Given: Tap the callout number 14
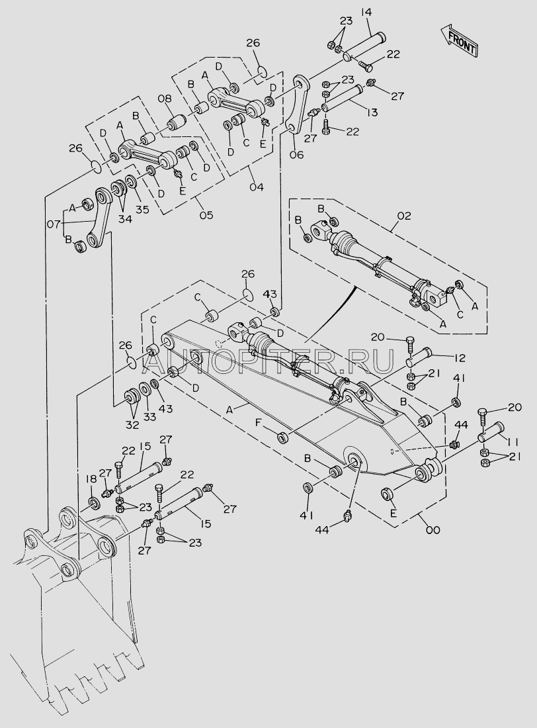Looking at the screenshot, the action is pyautogui.click(x=366, y=11).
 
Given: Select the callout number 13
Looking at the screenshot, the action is pyautogui.click(x=372, y=113).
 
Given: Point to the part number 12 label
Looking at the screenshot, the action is pyautogui.click(x=460, y=358).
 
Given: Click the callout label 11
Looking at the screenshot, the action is pyautogui.click(x=512, y=441).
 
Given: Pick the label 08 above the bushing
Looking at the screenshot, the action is pyautogui.click(x=164, y=99).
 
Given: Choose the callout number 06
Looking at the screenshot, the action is pyautogui.click(x=296, y=154).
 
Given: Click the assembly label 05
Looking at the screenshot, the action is pyautogui.click(x=206, y=215).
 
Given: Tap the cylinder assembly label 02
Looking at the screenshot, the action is pyautogui.click(x=404, y=216).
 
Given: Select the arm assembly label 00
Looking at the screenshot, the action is pyautogui.click(x=433, y=529).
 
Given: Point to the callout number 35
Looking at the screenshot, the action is pyautogui.click(x=142, y=209).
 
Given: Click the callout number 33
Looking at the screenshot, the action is pyautogui.click(x=149, y=416).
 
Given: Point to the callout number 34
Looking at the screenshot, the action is pyautogui.click(x=125, y=218).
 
